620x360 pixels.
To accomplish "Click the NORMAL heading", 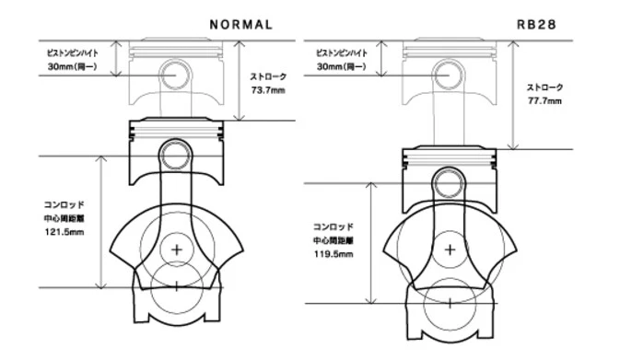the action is [240, 25].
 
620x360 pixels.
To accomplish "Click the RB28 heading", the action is [536, 25].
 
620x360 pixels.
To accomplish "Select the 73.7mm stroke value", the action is [268, 90].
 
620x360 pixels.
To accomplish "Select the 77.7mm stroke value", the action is [544, 101].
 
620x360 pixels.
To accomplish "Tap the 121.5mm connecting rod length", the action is [64, 232].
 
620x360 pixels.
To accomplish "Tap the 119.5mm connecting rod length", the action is [333, 254].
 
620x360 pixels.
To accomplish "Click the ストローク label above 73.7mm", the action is [268, 76].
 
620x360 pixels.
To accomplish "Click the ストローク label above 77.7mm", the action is [544, 87].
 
